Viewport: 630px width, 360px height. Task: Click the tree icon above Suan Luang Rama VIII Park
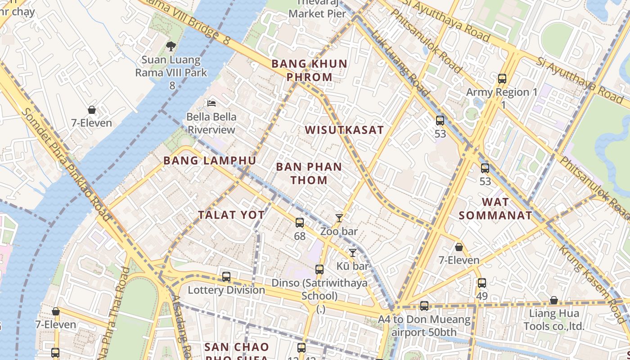[x=171, y=46]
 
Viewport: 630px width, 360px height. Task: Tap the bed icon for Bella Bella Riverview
[x=211, y=103]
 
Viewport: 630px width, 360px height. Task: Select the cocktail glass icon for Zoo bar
[x=339, y=218]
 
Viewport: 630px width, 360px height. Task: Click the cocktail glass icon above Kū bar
[x=353, y=253]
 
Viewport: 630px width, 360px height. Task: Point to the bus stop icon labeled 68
[x=300, y=223]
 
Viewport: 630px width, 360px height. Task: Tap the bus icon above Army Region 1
[x=502, y=79]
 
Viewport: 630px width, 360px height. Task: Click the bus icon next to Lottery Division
[x=226, y=277]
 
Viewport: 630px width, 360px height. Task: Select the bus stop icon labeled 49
[x=482, y=283]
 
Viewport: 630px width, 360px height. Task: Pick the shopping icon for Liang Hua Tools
[x=554, y=300]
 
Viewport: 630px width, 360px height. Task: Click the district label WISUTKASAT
[x=344, y=130]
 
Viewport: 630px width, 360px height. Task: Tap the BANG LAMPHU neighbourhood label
[x=210, y=161]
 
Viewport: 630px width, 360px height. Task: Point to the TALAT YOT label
[x=231, y=215]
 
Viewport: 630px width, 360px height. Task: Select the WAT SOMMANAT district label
[x=495, y=208]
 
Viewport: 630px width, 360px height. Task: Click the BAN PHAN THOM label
[x=309, y=173]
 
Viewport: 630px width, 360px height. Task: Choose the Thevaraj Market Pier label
[x=317, y=9]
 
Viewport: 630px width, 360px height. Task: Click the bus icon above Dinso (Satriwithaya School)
[x=319, y=270]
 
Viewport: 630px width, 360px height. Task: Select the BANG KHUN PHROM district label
[x=310, y=70]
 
